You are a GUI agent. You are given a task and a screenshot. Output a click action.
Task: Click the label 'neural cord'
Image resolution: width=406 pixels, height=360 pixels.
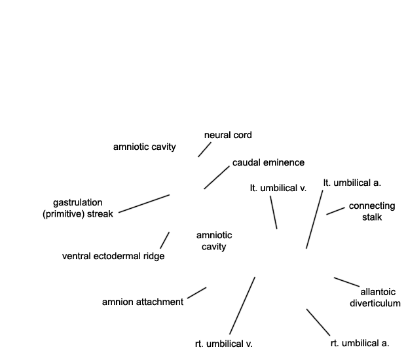[228, 135]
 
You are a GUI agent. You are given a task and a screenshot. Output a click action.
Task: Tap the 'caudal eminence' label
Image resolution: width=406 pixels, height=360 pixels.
[268, 162]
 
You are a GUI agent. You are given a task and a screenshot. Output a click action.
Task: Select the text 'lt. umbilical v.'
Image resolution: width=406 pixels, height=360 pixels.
[278, 188]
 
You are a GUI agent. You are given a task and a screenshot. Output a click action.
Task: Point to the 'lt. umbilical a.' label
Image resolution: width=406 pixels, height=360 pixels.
[352, 183]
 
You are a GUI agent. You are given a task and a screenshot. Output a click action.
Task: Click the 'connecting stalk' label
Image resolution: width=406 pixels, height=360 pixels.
[372, 211]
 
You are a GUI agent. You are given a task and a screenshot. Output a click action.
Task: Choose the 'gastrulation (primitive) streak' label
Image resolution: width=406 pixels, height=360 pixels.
[78, 208]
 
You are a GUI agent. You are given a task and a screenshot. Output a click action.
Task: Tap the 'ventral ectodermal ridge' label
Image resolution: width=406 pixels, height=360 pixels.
[113, 256]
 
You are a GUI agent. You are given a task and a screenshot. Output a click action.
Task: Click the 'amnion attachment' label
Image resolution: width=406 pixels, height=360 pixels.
[143, 302]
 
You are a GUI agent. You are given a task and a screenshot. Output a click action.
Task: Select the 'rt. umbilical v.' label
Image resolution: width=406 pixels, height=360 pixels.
[224, 344]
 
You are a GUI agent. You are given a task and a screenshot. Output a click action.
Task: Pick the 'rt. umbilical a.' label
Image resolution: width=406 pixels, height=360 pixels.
[360, 343]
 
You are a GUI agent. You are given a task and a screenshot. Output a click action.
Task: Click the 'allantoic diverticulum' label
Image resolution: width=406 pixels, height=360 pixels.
[375, 297]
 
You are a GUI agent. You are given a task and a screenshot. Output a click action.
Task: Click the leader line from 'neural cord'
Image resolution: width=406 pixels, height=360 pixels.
[204, 149]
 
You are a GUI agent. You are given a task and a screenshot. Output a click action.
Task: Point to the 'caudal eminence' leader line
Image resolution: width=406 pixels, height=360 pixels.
[217, 177]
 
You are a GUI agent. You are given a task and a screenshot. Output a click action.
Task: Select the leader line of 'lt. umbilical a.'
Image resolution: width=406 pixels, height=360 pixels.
[314, 219]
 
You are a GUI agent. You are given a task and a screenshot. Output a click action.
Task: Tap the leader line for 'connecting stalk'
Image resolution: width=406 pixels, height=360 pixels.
[335, 211]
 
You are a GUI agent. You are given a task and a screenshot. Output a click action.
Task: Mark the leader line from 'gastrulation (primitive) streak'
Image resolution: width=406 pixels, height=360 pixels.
[144, 204]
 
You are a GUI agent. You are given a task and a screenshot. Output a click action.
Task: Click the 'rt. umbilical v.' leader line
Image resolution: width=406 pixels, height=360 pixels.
[242, 306]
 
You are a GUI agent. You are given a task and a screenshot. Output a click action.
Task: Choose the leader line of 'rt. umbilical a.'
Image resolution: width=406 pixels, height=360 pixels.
[318, 322]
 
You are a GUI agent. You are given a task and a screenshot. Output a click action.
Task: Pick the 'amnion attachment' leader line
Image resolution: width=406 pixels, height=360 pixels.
[197, 293]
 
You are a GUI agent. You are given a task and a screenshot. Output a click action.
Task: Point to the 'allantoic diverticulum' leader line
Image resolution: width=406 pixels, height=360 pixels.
[346, 282]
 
